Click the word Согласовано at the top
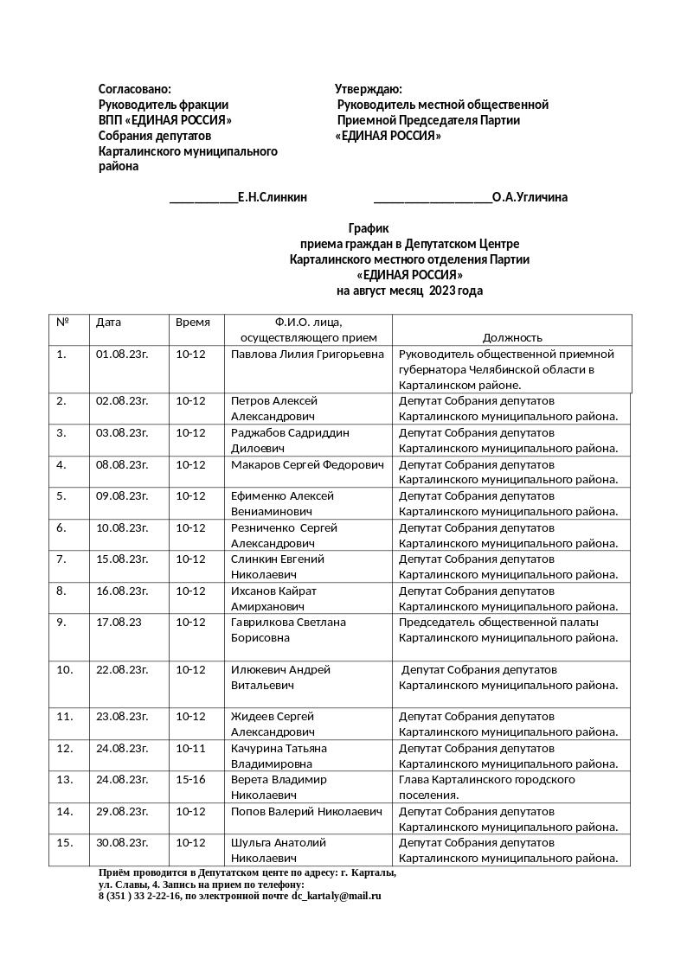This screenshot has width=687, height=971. point(134,89)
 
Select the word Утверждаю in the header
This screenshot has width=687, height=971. point(368,89)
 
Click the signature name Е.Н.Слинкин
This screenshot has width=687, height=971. point(272,197)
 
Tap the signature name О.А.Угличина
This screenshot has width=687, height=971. point(530,197)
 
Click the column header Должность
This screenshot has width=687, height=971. point(512,337)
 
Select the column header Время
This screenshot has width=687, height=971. point(193,323)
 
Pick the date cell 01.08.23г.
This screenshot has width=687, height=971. point(122,355)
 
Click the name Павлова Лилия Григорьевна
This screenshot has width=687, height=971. point(307,355)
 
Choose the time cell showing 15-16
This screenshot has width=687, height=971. point(190,780)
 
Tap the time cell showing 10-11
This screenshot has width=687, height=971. point(190,748)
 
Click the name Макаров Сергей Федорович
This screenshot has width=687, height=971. point(307,465)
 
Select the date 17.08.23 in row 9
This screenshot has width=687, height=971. point(119,623)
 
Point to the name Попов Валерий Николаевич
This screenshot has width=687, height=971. point(306,812)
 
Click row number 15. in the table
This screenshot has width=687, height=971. point(65,843)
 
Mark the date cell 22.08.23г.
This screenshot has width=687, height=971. point(122,670)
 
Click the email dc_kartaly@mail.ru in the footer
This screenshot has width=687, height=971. point(336,897)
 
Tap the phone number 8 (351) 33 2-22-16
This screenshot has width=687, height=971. point(139,897)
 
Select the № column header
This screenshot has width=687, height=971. point(62,323)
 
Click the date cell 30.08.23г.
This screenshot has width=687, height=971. point(122,843)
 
